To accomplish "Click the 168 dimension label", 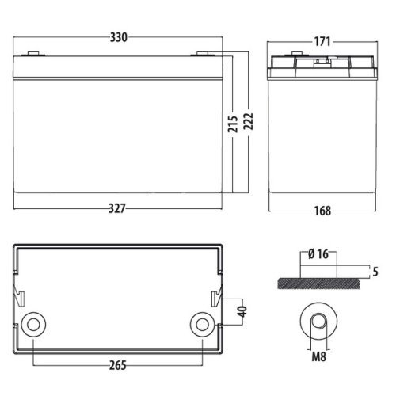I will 321,211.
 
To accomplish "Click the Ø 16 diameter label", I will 321,254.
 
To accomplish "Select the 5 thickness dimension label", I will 375,272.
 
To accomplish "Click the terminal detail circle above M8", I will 321,323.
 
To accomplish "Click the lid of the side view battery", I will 321,63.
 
